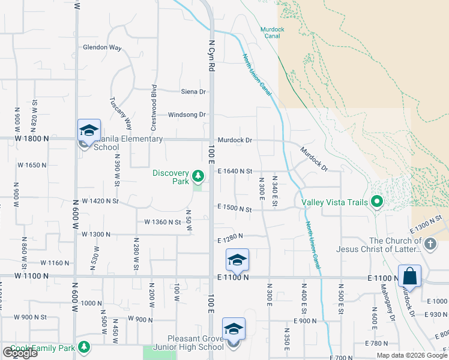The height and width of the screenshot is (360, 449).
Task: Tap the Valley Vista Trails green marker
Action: [377, 201]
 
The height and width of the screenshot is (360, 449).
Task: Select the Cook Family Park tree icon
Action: [85, 347]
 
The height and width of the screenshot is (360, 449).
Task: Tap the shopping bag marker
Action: [409, 277]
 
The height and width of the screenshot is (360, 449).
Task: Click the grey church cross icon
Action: [430, 244]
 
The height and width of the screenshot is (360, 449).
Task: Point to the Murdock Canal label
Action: [271, 32]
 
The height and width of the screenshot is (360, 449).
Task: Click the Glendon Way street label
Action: [102, 47]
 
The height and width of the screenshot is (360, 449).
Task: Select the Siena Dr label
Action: [193, 92]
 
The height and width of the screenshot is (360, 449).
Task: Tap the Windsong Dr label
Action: [187, 115]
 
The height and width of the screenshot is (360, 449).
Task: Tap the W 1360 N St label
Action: [163, 222]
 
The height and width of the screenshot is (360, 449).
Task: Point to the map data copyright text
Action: [412, 355]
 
